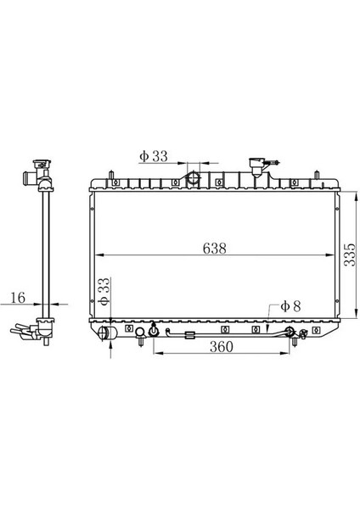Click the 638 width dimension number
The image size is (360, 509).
(214, 249)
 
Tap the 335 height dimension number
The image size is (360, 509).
(350, 255)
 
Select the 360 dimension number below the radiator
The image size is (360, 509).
(222, 347)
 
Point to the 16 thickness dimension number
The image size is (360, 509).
(18, 298)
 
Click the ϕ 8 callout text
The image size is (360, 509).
(290, 306)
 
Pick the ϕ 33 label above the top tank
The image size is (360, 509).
(154, 156)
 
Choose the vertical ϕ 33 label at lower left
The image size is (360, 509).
(104, 292)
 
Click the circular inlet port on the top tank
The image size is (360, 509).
(194, 178)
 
